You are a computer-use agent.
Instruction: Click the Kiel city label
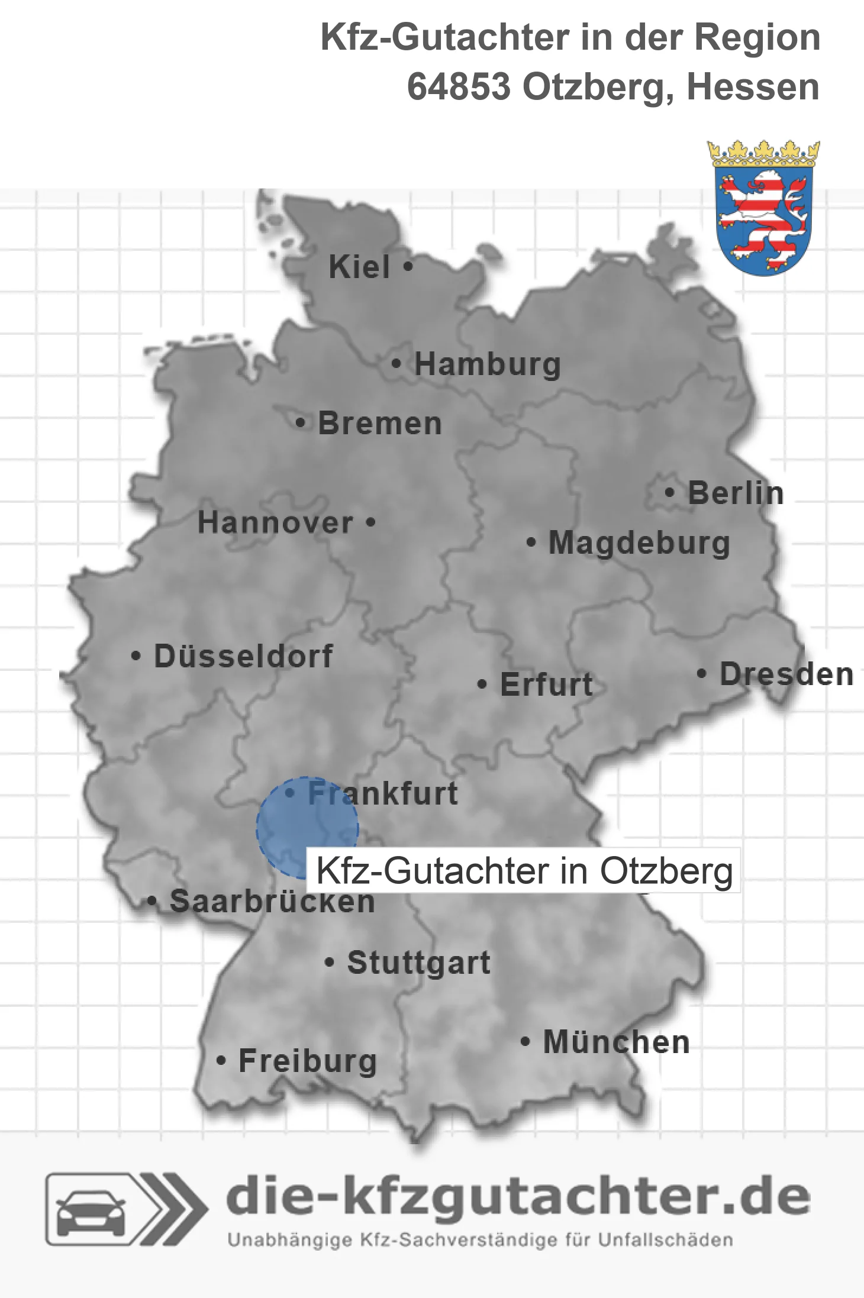tap(359, 267)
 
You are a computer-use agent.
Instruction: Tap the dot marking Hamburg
tap(396, 364)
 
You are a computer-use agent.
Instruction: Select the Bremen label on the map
tap(380, 424)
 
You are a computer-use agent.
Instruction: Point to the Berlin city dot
tap(669, 492)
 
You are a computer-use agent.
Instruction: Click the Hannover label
tap(275, 522)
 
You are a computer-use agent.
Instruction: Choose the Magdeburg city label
tap(639, 543)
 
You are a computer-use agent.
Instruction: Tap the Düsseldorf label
tap(243, 656)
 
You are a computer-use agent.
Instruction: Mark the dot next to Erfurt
tap(482, 684)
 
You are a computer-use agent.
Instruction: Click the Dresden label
tap(786, 674)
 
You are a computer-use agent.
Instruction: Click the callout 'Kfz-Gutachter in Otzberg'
tap(524, 871)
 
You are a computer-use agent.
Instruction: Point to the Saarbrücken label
tap(272, 902)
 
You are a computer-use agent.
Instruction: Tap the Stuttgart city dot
tap(330, 963)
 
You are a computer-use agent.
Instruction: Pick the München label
tap(616, 1042)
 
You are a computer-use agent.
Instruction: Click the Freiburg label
tap(307, 1061)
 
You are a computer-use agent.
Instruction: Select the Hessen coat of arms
tap(763, 208)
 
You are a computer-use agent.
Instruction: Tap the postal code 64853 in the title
tap(459, 87)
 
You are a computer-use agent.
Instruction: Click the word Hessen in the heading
tap(753, 87)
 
